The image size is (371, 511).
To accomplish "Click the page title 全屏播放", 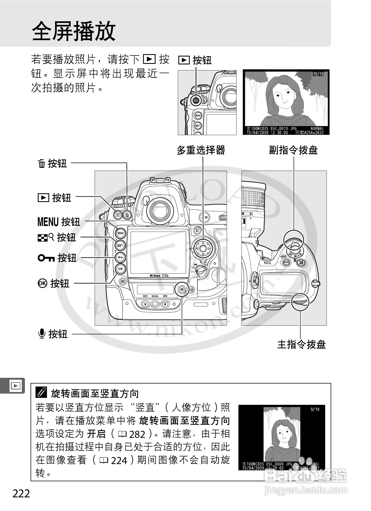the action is tap(74, 31).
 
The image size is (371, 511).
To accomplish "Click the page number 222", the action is tap(21, 494).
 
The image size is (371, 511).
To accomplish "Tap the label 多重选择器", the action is tap(201, 150).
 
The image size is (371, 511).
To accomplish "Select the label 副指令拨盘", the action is tap(293, 150).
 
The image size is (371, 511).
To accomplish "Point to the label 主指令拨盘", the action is tap(301, 344).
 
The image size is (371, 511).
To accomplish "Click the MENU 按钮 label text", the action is tap(59, 222).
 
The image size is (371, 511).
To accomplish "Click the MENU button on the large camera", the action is tap(120, 233).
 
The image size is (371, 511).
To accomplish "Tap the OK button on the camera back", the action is tap(120, 269).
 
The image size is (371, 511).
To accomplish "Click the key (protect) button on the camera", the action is tap(120, 257).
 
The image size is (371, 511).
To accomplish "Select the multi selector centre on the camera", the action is tap(202, 248).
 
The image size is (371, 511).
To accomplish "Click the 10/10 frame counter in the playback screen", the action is tap(318, 74).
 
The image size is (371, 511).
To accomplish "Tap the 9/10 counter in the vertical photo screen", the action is tap(315, 409).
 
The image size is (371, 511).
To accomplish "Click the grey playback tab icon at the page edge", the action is tap(15, 386).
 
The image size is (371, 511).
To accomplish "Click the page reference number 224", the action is tap(119, 461).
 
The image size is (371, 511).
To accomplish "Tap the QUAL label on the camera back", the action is tap(155, 296).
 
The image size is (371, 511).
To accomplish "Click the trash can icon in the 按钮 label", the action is tap(41, 164).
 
